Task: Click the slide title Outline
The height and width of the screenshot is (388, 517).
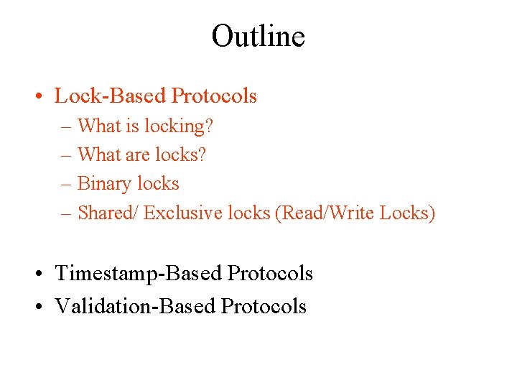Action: (258, 36)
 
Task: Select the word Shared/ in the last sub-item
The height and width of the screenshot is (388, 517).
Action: (108, 213)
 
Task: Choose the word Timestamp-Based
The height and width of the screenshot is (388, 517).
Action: (139, 274)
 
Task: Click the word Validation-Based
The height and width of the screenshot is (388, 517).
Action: (136, 306)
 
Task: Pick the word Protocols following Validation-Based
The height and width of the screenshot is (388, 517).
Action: (264, 306)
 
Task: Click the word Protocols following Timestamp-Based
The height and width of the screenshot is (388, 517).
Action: (270, 274)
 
